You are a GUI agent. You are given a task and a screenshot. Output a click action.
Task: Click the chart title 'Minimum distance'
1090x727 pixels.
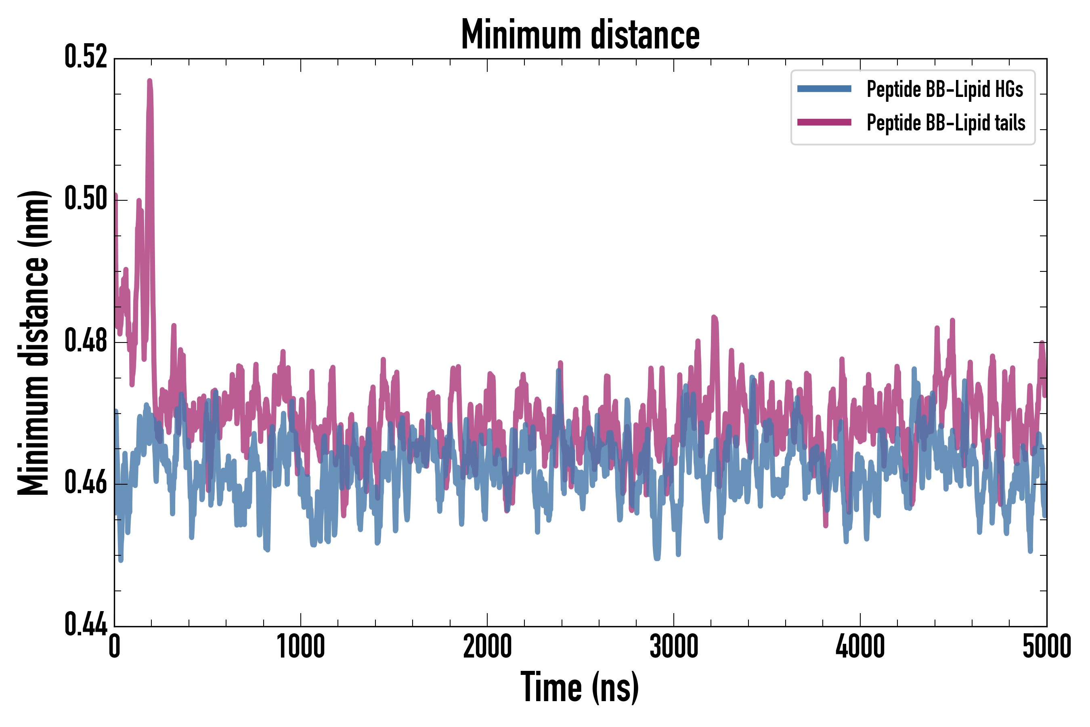coord(580,35)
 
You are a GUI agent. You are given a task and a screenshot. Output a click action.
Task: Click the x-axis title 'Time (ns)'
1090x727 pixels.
coord(580,687)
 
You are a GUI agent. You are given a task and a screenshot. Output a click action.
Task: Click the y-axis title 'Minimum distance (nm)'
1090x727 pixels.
coord(34,342)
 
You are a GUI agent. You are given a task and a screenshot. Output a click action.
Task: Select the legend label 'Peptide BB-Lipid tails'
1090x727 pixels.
coord(946,123)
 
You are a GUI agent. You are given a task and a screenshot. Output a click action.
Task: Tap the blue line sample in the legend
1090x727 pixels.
coord(824,89)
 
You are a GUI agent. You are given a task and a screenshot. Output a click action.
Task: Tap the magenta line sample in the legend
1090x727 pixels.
coord(824,122)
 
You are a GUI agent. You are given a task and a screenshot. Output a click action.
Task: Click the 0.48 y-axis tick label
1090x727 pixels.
coord(86,341)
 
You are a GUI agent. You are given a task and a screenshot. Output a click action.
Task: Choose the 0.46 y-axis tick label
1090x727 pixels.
coord(86,483)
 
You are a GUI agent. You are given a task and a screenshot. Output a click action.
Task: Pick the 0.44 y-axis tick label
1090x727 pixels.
coord(86,625)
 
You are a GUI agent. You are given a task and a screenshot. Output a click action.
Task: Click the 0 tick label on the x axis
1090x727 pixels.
coord(115,647)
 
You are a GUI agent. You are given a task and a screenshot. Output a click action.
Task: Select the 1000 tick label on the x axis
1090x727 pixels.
coord(301,647)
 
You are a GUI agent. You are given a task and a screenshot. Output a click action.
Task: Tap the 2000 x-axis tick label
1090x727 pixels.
coord(488,647)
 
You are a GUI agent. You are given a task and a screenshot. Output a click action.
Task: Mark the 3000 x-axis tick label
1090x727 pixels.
coord(674,647)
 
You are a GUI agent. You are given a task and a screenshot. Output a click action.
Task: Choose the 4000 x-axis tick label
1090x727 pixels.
coord(860,647)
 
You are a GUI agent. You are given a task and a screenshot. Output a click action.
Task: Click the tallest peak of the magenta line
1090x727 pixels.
coord(150,81)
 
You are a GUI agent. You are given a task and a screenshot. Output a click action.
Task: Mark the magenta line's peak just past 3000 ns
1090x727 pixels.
coord(714,317)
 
